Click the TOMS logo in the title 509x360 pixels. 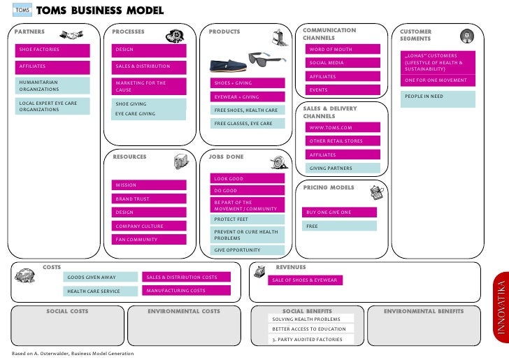pyautogui.click(x=20, y=11)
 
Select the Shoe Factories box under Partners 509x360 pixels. pyautogui.click(x=54, y=50)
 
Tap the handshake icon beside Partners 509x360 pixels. pyautogui.click(x=71, y=34)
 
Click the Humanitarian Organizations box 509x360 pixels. pyautogui.click(x=54, y=86)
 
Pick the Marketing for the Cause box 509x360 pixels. pyautogui.click(x=150, y=86)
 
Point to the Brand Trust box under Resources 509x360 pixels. pyautogui.click(x=150, y=199)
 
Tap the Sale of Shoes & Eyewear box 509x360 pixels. pyautogui.click(x=305, y=280)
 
